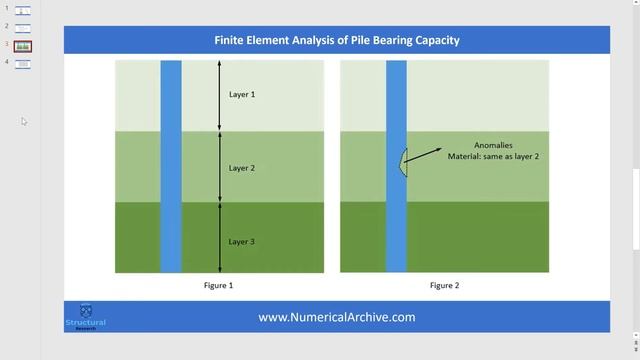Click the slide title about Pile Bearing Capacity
337,41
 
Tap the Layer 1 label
242,95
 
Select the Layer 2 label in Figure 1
242,168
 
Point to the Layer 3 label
242,242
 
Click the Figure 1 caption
218,286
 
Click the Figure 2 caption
444,286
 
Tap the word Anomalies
493,145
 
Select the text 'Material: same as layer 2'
493,157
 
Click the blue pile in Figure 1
171,200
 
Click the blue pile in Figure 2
396,220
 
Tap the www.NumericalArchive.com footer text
337,317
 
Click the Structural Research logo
85,316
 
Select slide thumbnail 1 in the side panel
22,10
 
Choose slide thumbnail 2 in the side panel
22,28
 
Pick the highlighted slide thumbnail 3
22,46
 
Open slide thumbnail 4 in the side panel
22,64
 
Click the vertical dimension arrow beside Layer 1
220,95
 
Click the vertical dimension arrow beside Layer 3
220,237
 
